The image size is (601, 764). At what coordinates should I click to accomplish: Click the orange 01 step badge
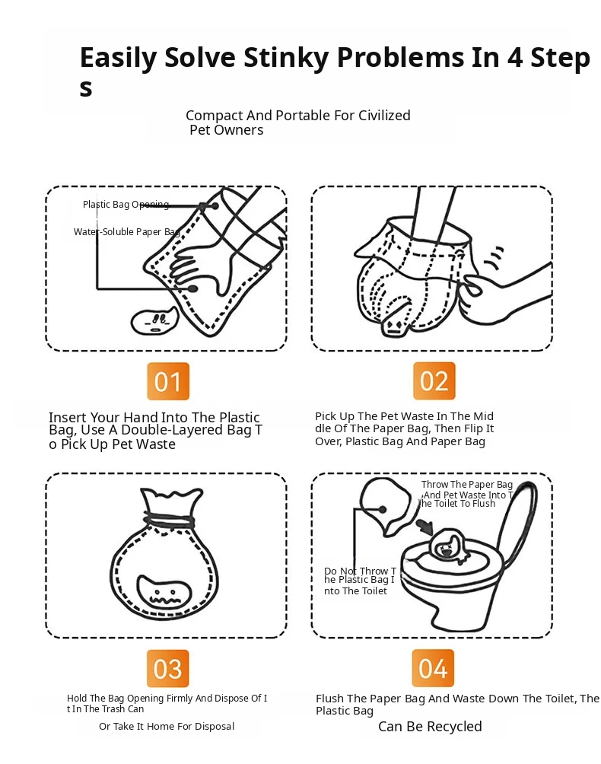click(x=168, y=381)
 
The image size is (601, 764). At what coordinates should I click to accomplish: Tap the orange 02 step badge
click(x=434, y=380)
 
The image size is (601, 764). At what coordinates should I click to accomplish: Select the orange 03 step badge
click(x=168, y=668)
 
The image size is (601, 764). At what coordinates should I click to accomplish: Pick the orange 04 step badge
click(x=433, y=667)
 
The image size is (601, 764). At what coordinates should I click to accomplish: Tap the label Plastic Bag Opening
click(x=126, y=205)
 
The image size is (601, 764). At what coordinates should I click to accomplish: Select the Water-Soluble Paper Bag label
click(x=126, y=232)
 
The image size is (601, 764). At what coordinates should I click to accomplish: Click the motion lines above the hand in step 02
click(x=494, y=258)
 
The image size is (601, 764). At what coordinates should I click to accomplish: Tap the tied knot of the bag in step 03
click(x=169, y=520)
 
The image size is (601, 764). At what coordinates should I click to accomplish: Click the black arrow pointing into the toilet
click(x=425, y=527)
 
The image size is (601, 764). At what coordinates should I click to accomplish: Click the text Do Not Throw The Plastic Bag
click(x=360, y=581)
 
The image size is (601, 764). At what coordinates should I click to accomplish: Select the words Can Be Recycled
click(x=430, y=727)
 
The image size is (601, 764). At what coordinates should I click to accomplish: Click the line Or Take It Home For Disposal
click(x=167, y=727)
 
